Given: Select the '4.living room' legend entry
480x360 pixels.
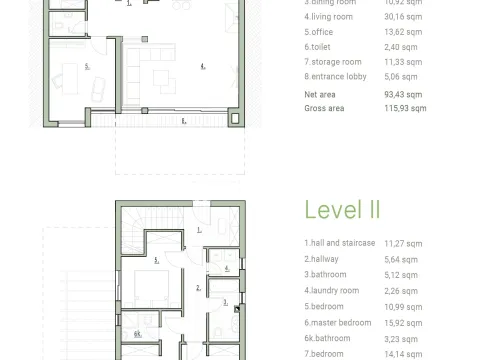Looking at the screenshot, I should pyautogui.click(x=330, y=16).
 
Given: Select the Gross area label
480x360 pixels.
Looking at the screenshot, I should pyautogui.click(x=325, y=107).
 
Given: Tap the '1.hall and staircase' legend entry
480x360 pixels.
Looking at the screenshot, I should pyautogui.click(x=340, y=242).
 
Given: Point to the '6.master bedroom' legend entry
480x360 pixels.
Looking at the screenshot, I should pyautogui.click(x=337, y=323).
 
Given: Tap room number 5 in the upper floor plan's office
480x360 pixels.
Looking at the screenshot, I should pyautogui.click(x=87, y=66).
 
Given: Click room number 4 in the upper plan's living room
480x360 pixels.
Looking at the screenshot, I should pyautogui.click(x=202, y=68).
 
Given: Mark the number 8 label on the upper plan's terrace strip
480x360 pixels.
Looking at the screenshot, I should pyautogui.click(x=183, y=121).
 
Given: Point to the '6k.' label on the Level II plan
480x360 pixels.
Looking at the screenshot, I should pyautogui.click(x=138, y=333).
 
